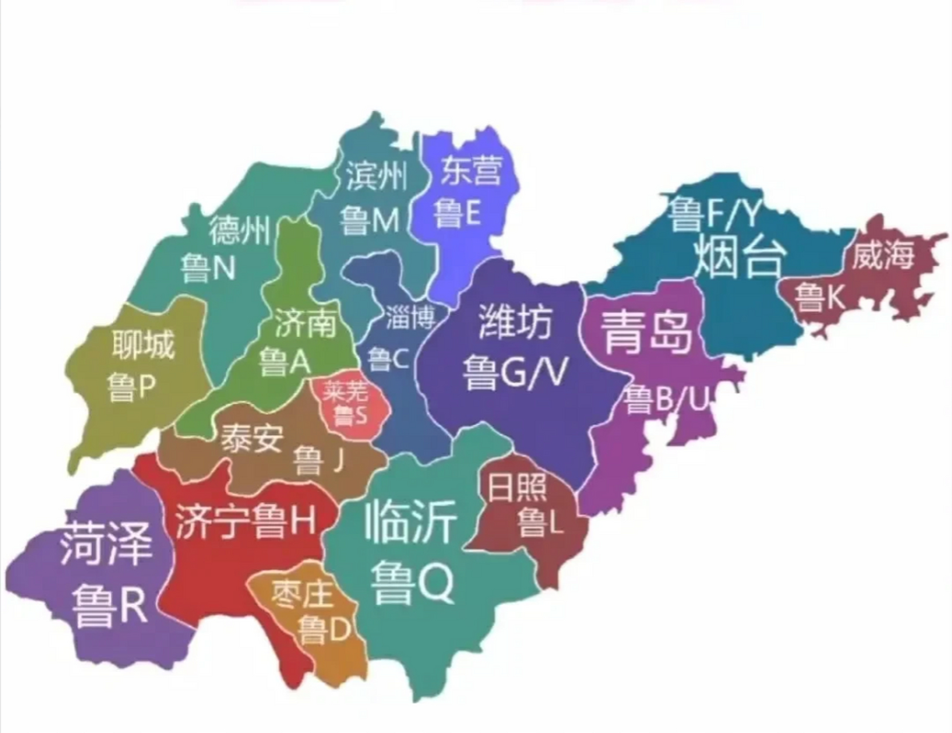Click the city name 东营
[x=471, y=170]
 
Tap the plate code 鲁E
[x=456, y=214]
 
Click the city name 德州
[x=239, y=230]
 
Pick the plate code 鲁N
[x=208, y=267]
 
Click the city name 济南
[x=305, y=324]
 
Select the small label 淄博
[x=410, y=316]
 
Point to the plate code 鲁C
[x=388, y=360]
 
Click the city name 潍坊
[x=515, y=322]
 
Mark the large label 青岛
[x=646, y=332]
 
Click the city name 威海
[x=882, y=255]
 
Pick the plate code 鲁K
[x=819, y=297]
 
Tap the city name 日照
[x=517, y=487]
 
